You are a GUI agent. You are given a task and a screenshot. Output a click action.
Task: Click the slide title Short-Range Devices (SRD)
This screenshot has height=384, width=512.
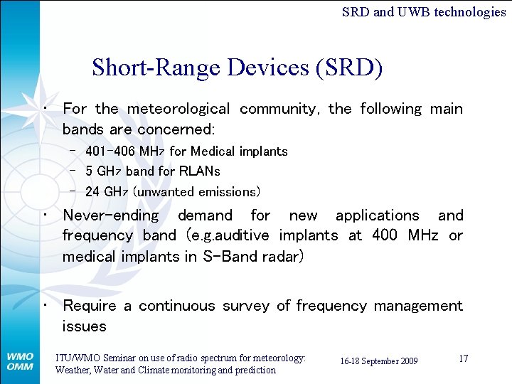[237, 68]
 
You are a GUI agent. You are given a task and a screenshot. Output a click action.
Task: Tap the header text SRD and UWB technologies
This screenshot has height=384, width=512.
[423, 11]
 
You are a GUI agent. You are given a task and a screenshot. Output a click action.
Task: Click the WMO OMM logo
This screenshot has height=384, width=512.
[20, 361]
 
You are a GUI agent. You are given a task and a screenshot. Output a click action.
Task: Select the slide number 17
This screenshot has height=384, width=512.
[463, 358]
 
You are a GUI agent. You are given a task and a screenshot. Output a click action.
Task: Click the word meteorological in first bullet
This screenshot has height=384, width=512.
[178, 109]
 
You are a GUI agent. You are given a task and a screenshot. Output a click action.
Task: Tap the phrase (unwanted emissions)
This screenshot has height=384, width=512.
[197, 192]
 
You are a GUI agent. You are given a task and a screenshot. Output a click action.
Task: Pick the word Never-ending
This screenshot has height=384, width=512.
[111, 215]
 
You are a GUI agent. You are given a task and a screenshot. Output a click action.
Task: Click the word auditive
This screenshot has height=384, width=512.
[242, 235]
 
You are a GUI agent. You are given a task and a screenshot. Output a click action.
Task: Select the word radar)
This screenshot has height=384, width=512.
[279, 256]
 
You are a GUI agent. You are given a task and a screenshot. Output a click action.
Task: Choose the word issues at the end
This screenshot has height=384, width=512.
[84, 326]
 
